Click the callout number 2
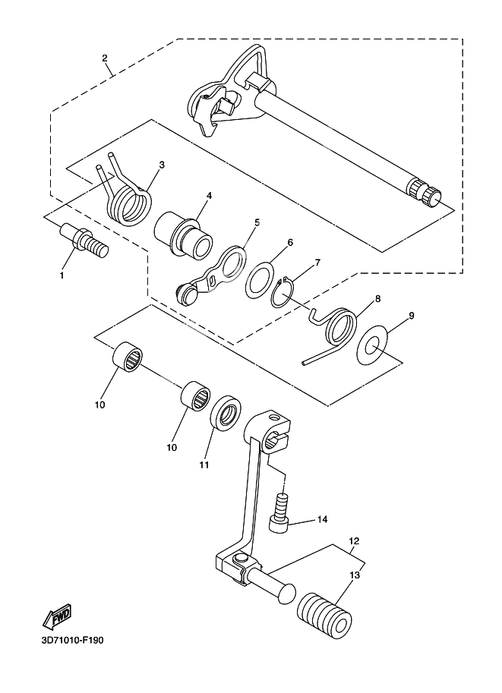pos(104,58)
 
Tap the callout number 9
pos(411,313)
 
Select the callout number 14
pos(322,520)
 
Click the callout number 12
pos(353,542)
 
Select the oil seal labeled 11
pos(226,414)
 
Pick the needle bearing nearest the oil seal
pos(195,398)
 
